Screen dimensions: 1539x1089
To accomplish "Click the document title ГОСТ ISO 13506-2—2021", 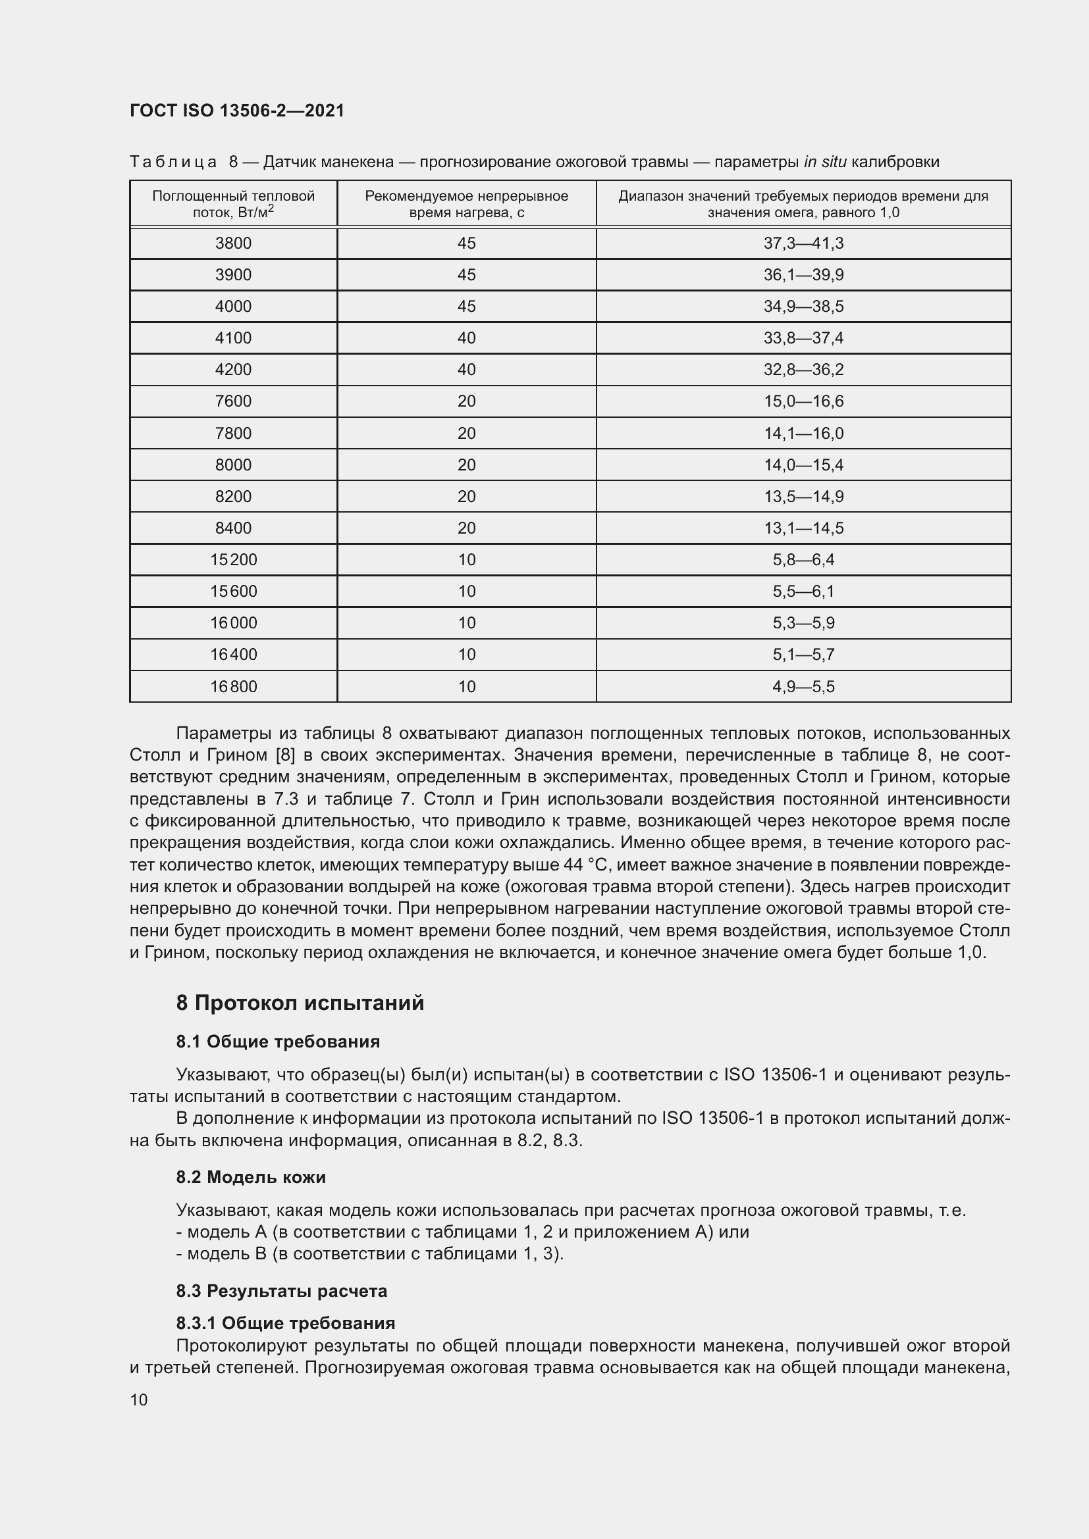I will click(x=237, y=111).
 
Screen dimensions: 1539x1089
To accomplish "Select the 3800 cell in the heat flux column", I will click(x=233, y=243).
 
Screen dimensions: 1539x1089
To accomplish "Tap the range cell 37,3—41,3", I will click(x=803, y=243).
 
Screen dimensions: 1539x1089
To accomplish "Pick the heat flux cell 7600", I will click(x=233, y=401).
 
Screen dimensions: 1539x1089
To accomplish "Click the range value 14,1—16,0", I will click(x=803, y=434).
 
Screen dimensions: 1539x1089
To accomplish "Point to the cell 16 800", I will click(x=233, y=686).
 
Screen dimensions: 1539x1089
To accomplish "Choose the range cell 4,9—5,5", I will click(x=803, y=686).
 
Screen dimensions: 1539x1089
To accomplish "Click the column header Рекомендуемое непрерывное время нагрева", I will click(x=466, y=205).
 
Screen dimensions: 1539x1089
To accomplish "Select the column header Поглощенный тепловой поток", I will click(x=233, y=205).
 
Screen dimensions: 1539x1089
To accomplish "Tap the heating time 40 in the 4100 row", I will click(x=466, y=338).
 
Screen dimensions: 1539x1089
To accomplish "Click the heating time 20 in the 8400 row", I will click(x=466, y=528).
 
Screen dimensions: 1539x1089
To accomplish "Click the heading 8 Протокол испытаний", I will click(x=300, y=1003).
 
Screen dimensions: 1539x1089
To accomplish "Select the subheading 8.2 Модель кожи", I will click(x=251, y=1177).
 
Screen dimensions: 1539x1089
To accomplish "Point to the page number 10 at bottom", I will click(x=139, y=1400).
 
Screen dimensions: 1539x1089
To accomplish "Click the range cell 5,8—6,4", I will click(x=803, y=560).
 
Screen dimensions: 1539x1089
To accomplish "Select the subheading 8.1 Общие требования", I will click(x=278, y=1042).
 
